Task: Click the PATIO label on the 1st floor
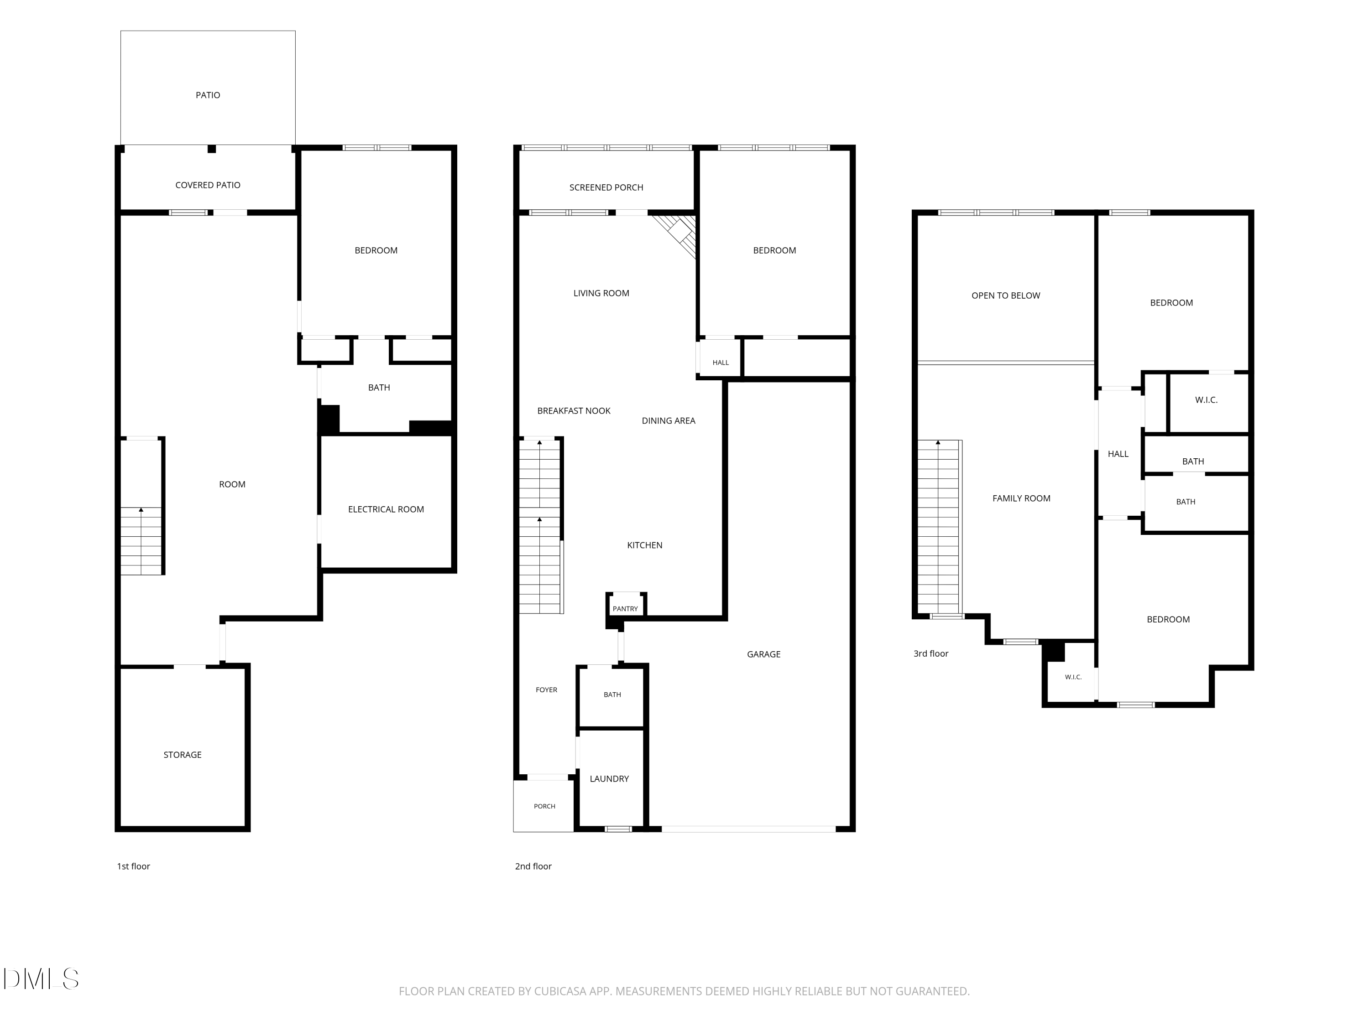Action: [208, 95]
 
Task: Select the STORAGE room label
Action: [183, 755]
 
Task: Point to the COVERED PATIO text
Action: [208, 185]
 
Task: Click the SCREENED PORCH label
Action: [606, 187]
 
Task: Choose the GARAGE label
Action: [764, 654]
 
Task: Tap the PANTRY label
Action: [625, 609]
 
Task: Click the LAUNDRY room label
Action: [610, 779]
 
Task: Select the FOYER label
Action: [547, 689]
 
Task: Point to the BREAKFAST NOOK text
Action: [574, 411]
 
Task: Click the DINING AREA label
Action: [669, 420]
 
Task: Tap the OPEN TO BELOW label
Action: [1006, 295]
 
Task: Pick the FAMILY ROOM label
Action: [1021, 498]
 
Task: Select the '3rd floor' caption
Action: [931, 654]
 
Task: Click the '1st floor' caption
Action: [134, 866]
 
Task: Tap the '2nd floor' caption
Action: [533, 866]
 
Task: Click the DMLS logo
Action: [41, 979]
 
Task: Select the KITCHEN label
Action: [645, 545]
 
